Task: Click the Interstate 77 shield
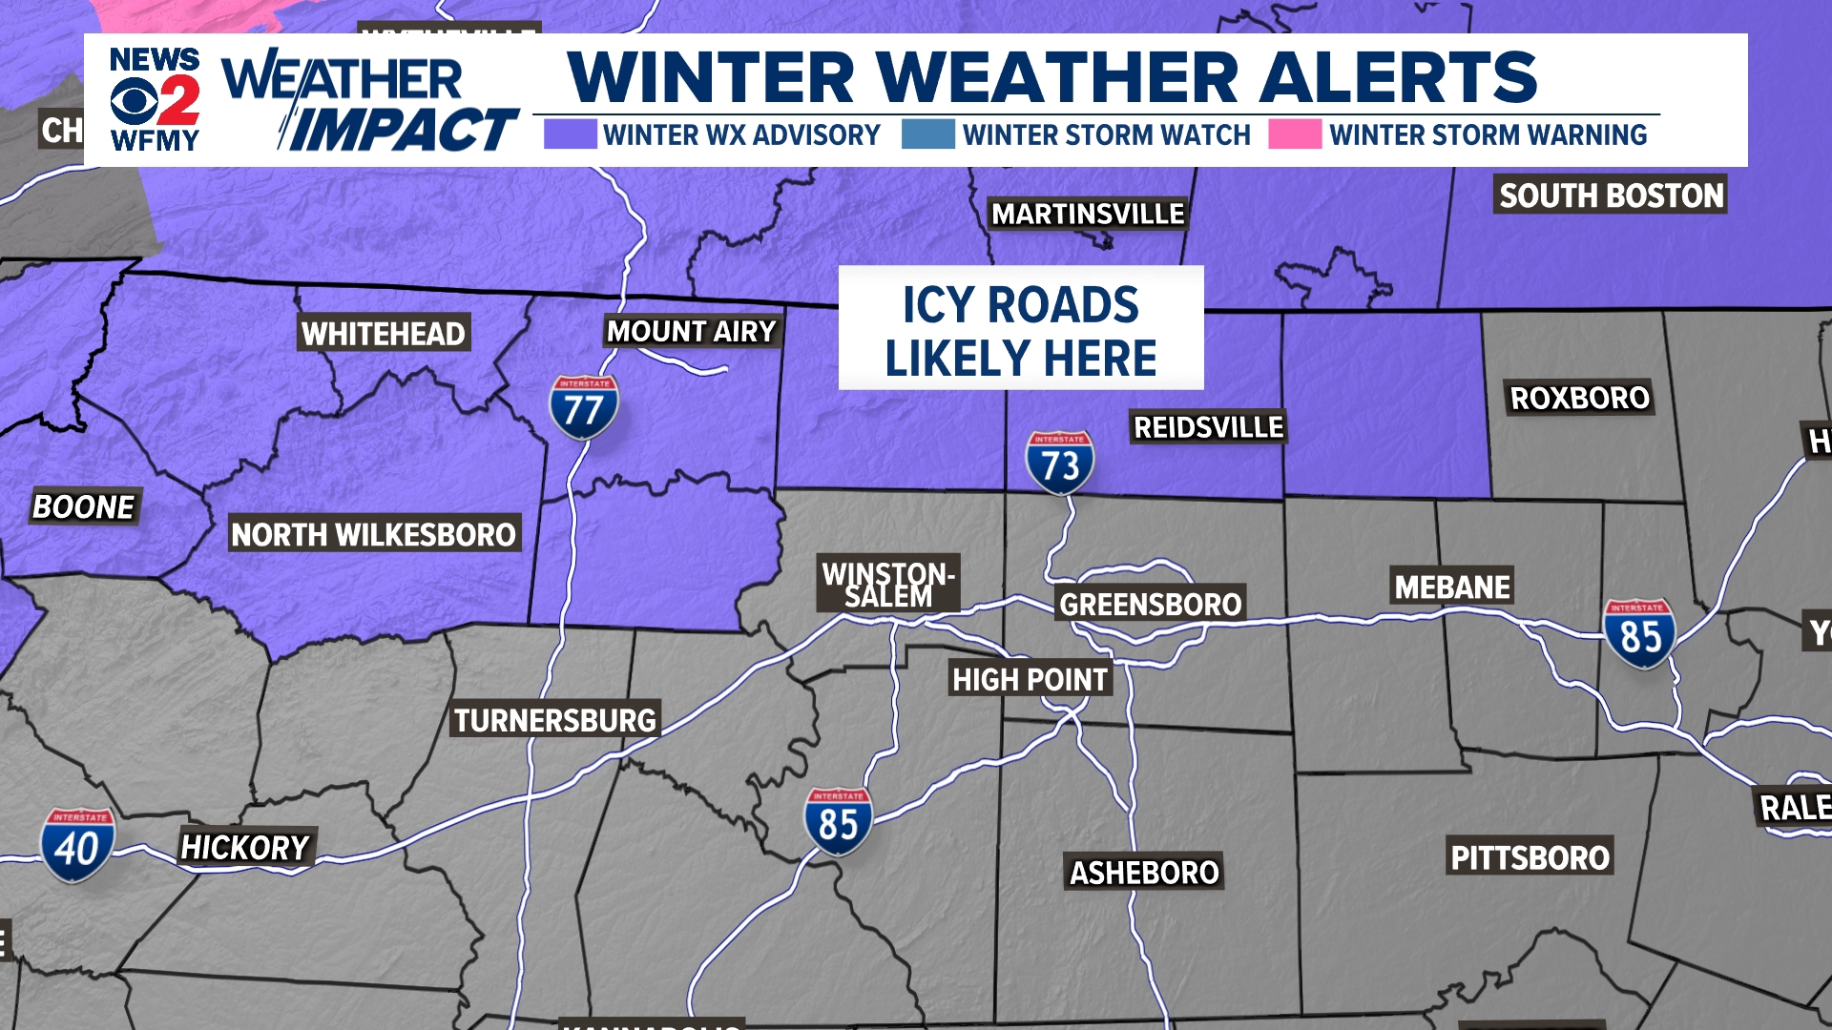(x=583, y=407)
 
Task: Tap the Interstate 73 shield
(x=1059, y=463)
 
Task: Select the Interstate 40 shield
(x=77, y=845)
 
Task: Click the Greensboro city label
(x=1150, y=604)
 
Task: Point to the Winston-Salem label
(x=887, y=584)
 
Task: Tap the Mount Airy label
(x=692, y=332)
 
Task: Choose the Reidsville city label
(x=1208, y=427)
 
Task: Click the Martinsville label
(x=1088, y=214)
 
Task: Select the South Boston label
(x=1611, y=196)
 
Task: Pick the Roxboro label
(x=1579, y=398)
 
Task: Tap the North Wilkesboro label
(x=373, y=534)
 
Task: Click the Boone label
(x=84, y=506)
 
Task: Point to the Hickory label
(x=245, y=847)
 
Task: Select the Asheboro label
(x=1144, y=872)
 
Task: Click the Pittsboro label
(x=1530, y=857)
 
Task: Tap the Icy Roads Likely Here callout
(x=1020, y=329)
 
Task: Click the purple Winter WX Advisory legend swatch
(x=570, y=134)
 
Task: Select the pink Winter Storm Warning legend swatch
(x=1295, y=134)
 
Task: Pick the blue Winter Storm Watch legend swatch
(x=928, y=134)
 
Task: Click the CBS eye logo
(x=134, y=100)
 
